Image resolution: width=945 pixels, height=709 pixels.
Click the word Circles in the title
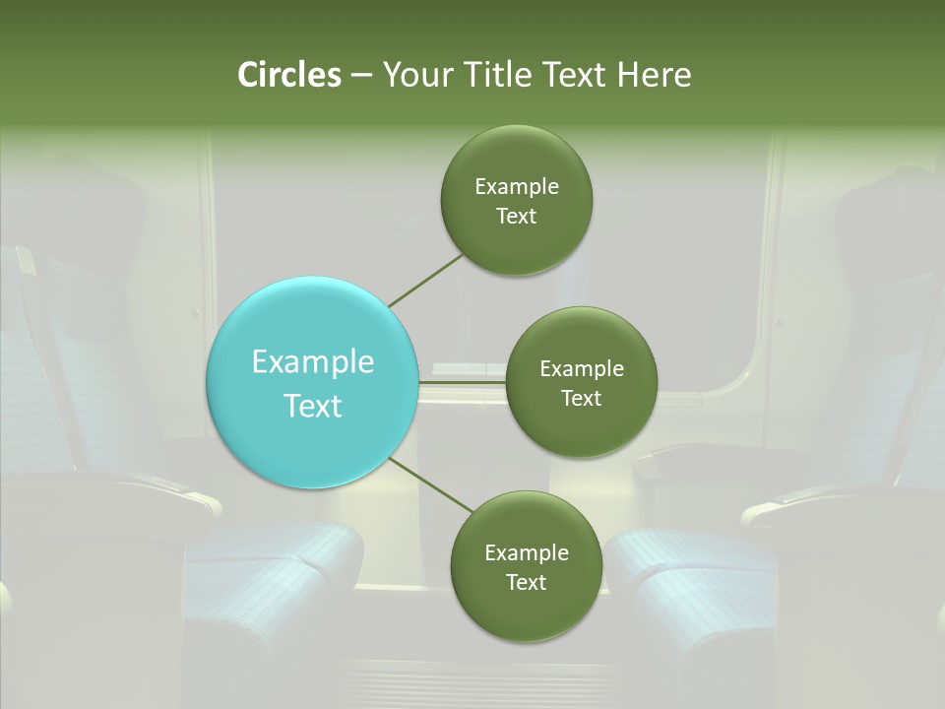pyautogui.click(x=289, y=75)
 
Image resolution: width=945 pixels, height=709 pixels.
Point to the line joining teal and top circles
pyautogui.click(x=425, y=280)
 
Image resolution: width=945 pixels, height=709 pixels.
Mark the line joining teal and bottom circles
pyautogui.click(x=430, y=485)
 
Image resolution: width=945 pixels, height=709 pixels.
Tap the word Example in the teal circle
pyautogui.click(x=313, y=362)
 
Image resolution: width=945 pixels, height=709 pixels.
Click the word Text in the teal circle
pyautogui.click(x=313, y=406)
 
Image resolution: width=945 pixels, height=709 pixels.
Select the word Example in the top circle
pyautogui.click(x=517, y=187)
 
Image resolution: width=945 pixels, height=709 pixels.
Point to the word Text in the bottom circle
pyautogui.click(x=526, y=583)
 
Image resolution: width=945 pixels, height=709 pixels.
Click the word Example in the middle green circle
pyautogui.click(x=582, y=369)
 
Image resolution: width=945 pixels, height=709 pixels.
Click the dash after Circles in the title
pyautogui.click(x=360, y=76)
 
